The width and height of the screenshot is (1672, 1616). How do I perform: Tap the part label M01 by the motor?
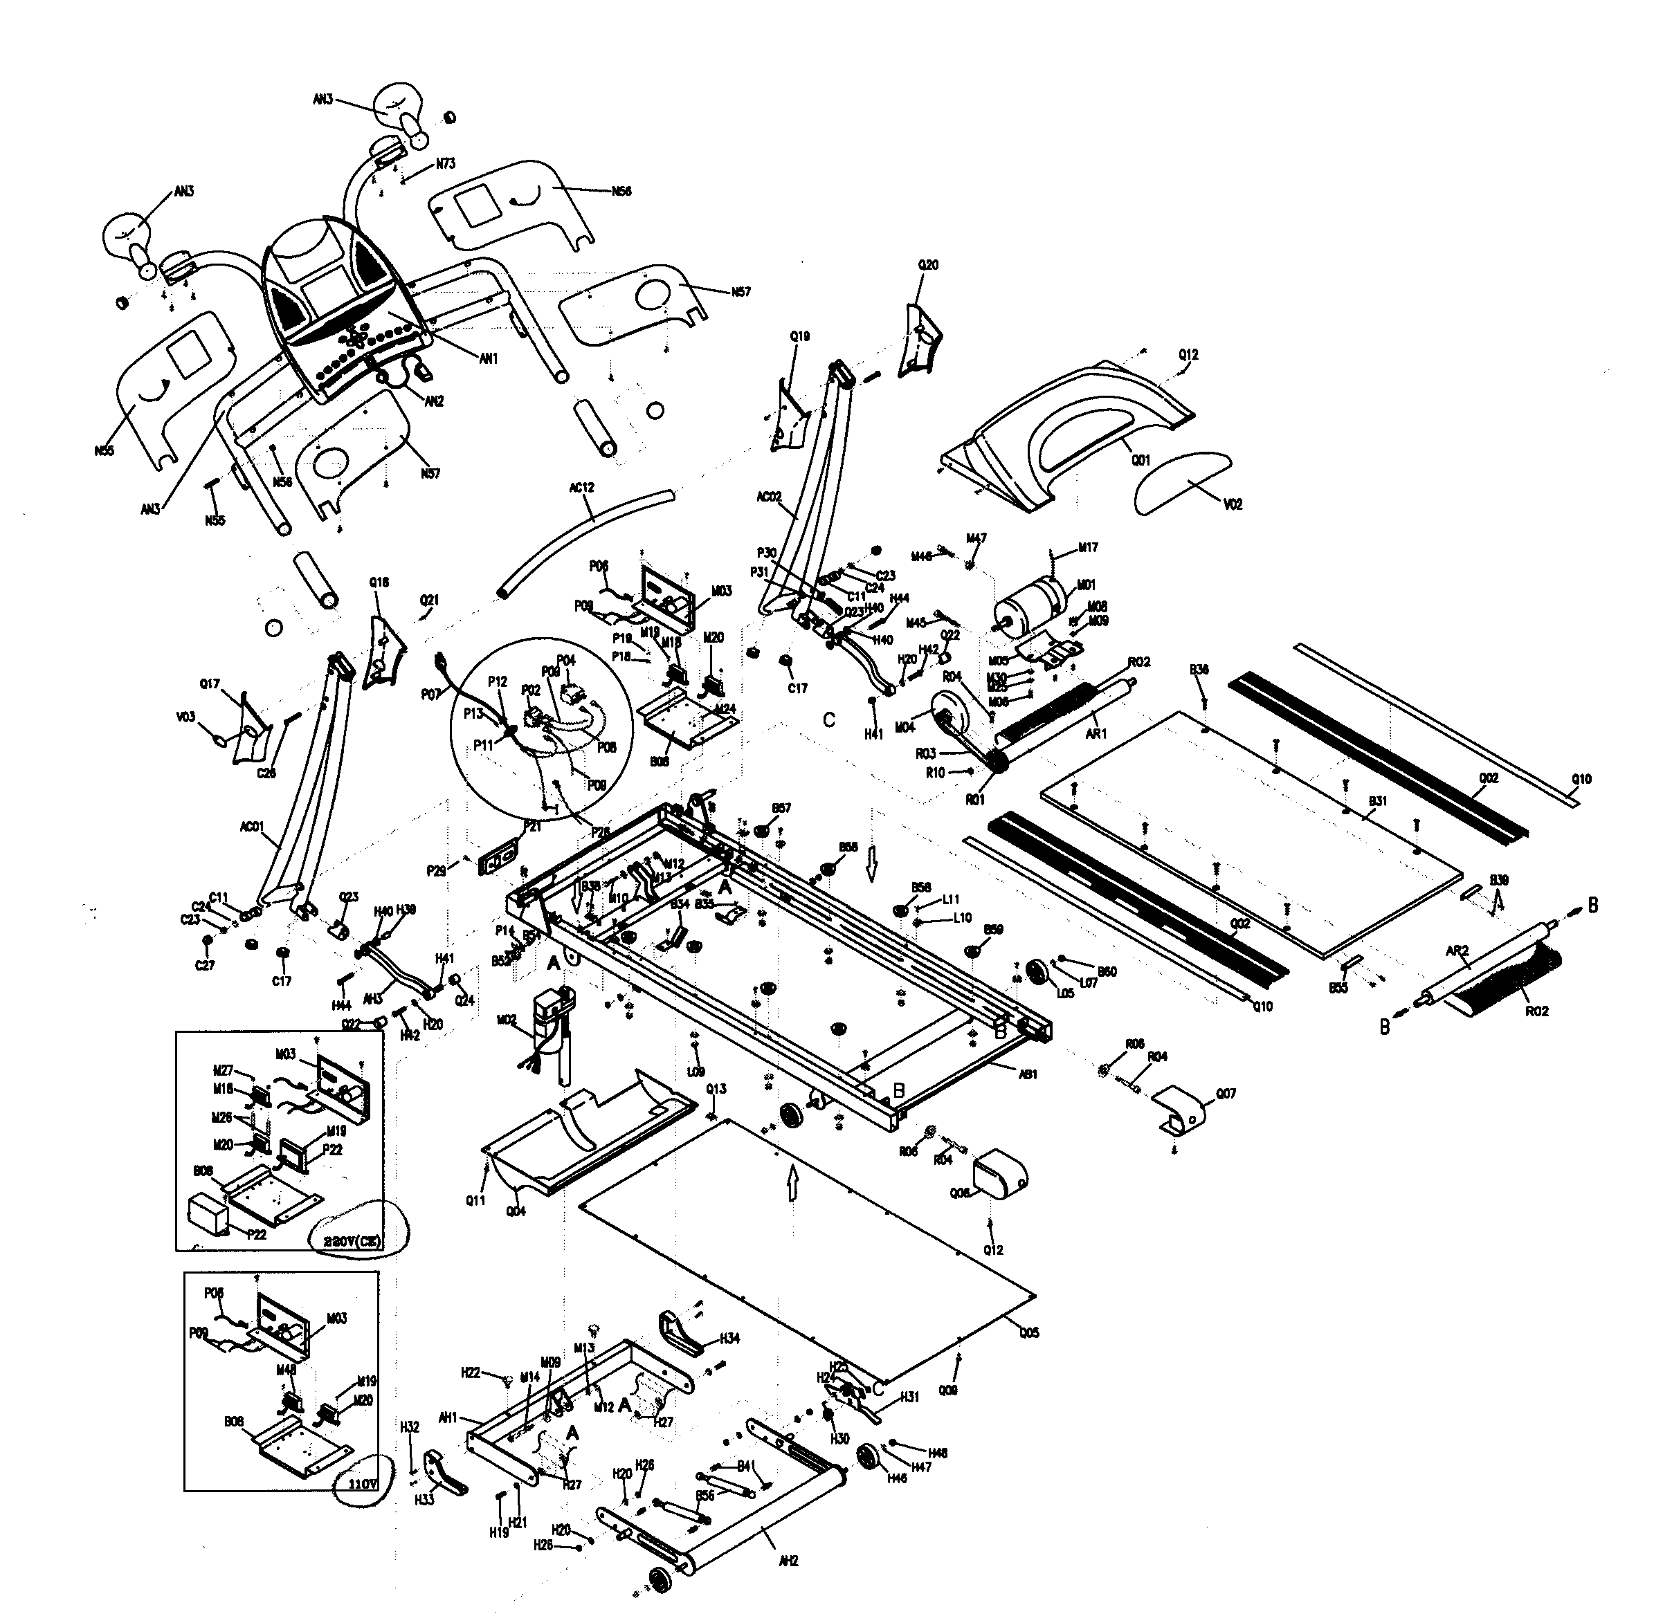coord(1086,585)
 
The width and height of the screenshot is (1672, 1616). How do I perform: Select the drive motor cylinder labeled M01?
coord(1030,609)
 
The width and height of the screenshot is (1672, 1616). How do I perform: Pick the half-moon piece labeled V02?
coord(1181,481)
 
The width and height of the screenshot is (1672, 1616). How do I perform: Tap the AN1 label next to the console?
coord(487,359)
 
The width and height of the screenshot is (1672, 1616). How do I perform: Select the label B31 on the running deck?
coord(1377,802)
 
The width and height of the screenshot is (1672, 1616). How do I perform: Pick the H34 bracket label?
coord(729,1338)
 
